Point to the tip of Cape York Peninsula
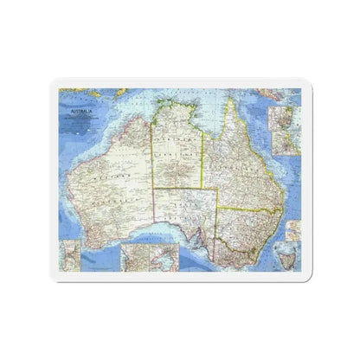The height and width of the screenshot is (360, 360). [231, 101]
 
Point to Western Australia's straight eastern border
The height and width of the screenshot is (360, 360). [153, 173]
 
